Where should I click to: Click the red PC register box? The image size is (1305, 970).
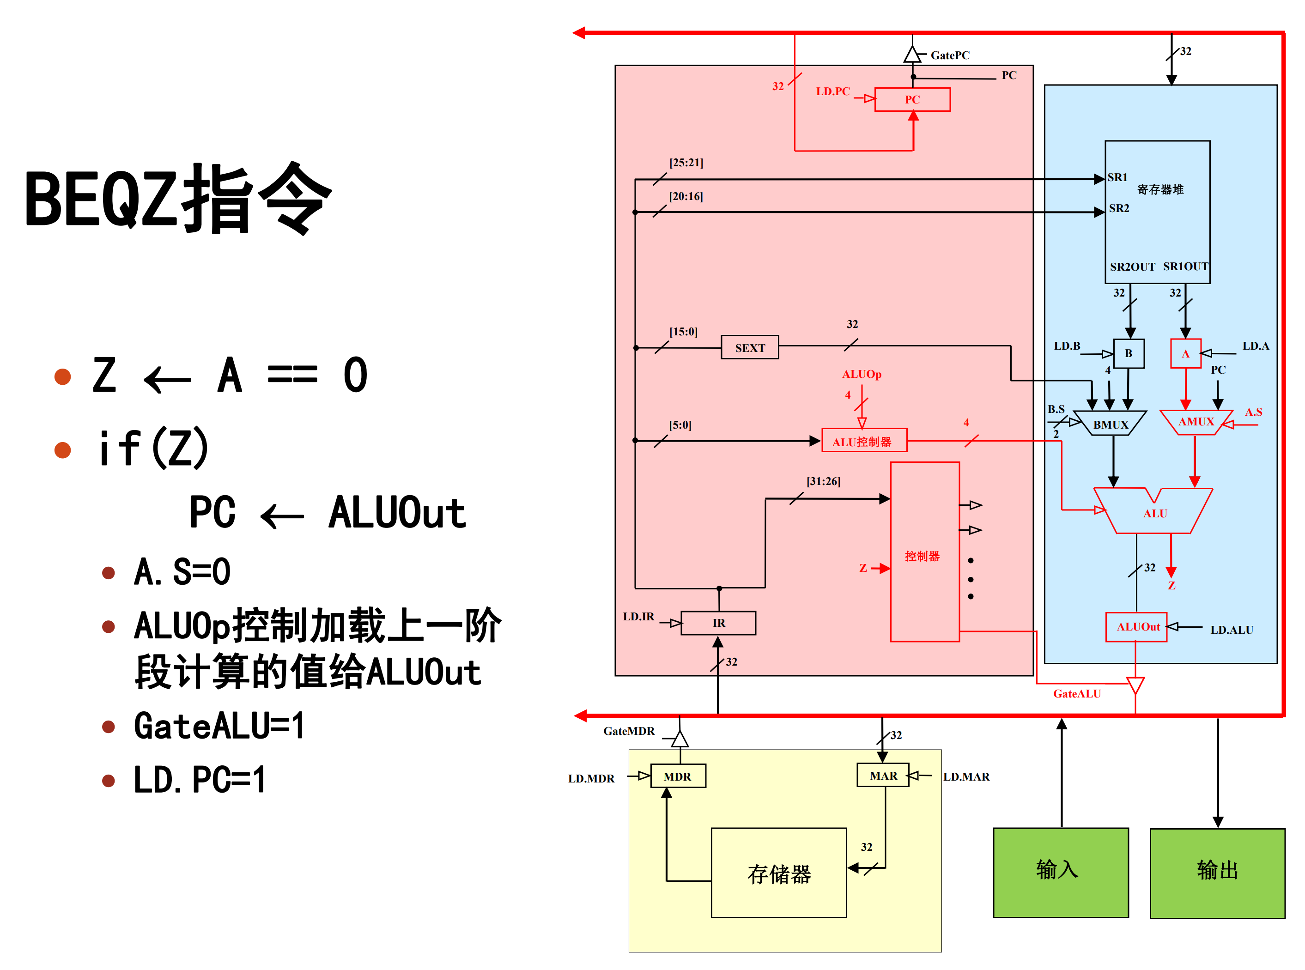click(912, 99)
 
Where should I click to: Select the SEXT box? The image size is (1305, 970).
click(750, 348)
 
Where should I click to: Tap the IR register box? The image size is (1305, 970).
click(718, 623)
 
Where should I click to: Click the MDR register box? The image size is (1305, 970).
click(678, 776)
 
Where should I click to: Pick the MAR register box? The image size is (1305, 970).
click(883, 776)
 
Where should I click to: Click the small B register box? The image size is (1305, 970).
click(1128, 353)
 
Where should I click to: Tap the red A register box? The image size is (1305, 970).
click(1185, 353)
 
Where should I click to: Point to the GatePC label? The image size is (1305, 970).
click(950, 55)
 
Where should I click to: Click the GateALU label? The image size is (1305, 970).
click(1077, 693)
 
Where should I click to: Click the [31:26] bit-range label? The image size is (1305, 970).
click(823, 481)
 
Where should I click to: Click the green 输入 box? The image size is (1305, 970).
click(1060, 873)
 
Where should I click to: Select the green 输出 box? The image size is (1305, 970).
click(1217, 873)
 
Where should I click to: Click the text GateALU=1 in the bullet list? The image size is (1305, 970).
click(219, 726)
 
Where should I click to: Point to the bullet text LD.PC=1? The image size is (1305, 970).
click(200, 780)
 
